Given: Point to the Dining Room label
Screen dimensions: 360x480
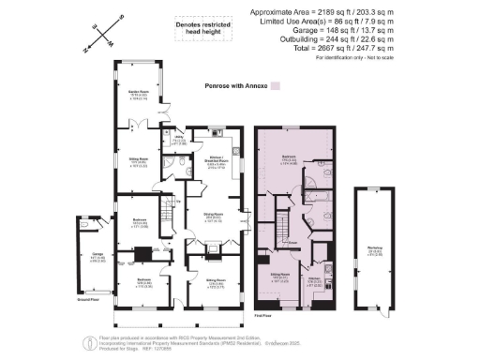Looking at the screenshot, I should pyautogui.click(x=206, y=217).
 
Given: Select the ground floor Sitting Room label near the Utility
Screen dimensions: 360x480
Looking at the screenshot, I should pyautogui.click(x=140, y=160).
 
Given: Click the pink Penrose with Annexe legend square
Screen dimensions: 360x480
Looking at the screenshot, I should pyautogui.click(x=276, y=85).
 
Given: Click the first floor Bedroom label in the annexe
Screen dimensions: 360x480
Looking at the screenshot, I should pyautogui.click(x=292, y=160).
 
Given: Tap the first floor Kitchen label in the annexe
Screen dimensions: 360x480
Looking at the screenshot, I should pyautogui.click(x=315, y=278).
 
